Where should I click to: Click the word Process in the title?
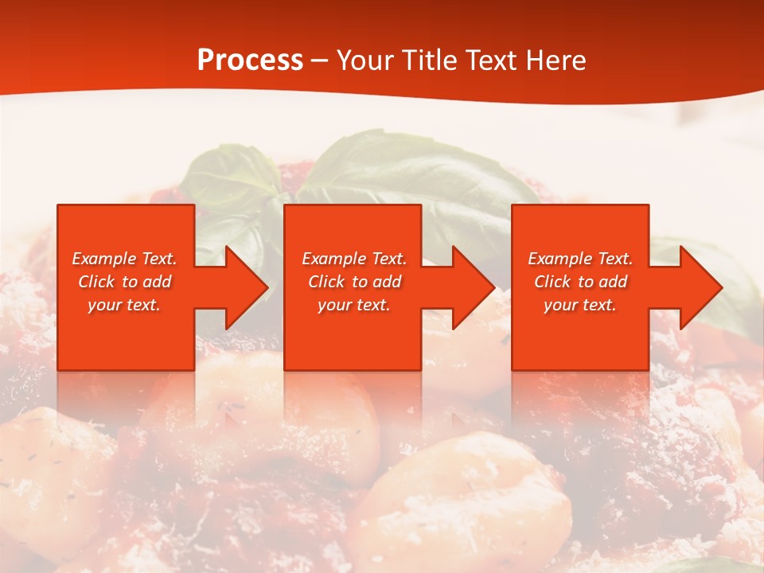click(x=250, y=60)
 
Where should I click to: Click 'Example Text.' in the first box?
click(x=124, y=259)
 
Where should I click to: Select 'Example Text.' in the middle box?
click(x=354, y=259)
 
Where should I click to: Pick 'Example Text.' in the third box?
click(x=580, y=259)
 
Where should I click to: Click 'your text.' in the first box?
click(x=124, y=305)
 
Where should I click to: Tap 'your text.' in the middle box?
click(x=354, y=305)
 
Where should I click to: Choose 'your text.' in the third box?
click(x=580, y=305)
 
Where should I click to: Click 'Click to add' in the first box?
click(x=124, y=282)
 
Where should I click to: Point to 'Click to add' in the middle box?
click(x=354, y=282)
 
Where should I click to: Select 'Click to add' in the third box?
click(x=580, y=282)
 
